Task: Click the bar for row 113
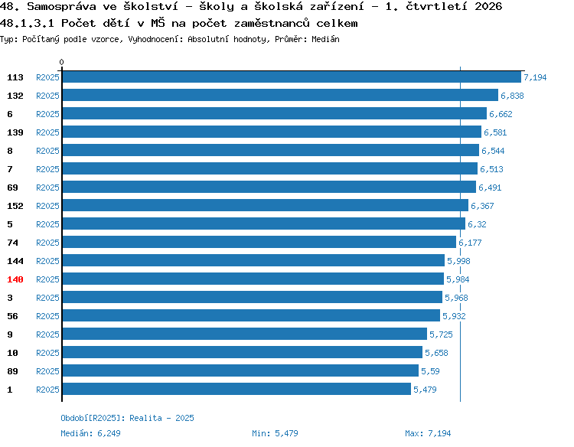(x=292, y=77)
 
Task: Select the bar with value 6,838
(x=280, y=95)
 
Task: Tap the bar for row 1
(x=236, y=389)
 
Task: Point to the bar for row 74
(x=259, y=242)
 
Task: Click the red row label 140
(x=15, y=279)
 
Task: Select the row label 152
(x=15, y=206)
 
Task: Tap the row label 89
(x=12, y=371)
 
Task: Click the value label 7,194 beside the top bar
(x=535, y=77)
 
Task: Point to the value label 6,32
(x=477, y=224)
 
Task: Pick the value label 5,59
(x=430, y=371)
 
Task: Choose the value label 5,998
(x=458, y=261)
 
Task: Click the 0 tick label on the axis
(x=61, y=62)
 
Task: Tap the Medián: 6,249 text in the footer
(x=90, y=433)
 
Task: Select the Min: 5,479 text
(x=275, y=433)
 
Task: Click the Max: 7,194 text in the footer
(x=428, y=433)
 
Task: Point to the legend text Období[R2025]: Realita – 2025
(x=127, y=418)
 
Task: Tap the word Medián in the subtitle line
(x=325, y=39)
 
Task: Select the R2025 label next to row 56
(x=47, y=316)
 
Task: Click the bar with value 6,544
(x=270, y=150)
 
